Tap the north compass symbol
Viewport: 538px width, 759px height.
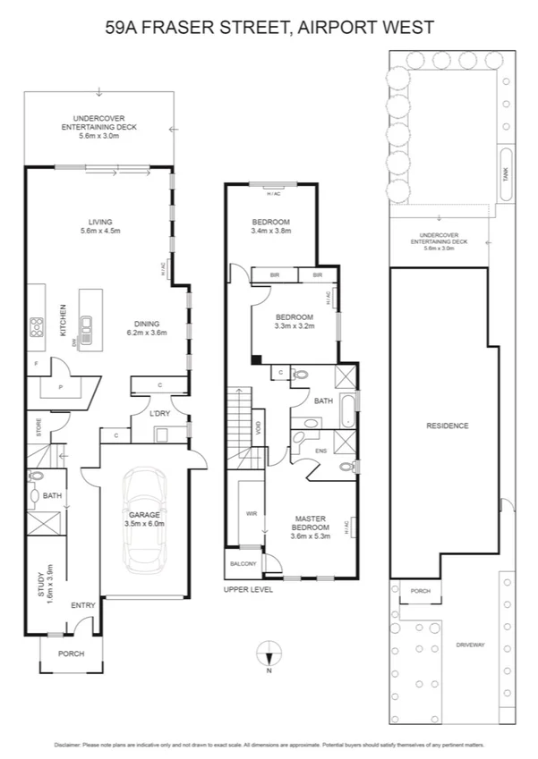(269, 654)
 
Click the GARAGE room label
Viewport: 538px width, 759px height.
(143, 515)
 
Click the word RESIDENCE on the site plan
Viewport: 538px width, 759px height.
(447, 426)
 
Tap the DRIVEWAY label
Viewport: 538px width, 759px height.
(470, 644)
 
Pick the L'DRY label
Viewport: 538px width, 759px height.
(160, 413)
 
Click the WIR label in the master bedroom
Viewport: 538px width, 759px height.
(252, 514)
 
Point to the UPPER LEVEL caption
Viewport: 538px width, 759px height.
(248, 590)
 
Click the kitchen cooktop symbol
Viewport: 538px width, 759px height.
(38, 327)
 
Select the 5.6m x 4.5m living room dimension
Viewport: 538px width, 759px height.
(98, 231)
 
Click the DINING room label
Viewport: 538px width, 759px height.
(147, 324)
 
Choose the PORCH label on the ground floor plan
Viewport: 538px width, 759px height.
(71, 654)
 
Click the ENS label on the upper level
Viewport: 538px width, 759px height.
(321, 451)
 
